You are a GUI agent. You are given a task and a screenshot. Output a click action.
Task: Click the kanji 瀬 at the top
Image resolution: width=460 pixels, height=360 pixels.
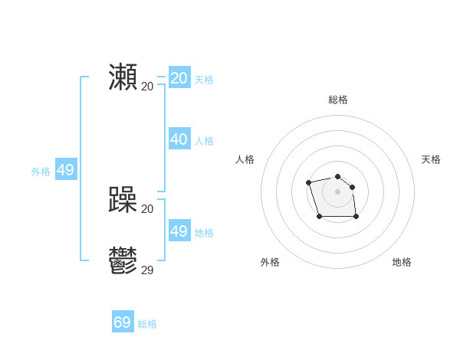[123, 77]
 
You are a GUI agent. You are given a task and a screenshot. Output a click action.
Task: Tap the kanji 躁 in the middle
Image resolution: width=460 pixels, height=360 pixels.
[123, 201]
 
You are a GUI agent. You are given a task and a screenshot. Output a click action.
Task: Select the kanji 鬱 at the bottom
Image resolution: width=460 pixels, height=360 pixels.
[123, 261]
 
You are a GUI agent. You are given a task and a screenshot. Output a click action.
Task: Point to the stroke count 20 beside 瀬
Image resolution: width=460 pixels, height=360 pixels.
[147, 86]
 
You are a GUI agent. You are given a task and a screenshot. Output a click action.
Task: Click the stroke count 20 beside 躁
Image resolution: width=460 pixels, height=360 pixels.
[147, 209]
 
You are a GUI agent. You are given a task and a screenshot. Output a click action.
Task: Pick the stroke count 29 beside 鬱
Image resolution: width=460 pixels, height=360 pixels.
[147, 270]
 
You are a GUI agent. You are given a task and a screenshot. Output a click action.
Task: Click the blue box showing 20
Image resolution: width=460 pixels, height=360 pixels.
[179, 78]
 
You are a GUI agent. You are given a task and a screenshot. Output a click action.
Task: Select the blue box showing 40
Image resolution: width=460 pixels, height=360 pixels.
[179, 139]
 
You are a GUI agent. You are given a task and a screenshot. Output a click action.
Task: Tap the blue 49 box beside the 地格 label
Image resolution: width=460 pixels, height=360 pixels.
[179, 231]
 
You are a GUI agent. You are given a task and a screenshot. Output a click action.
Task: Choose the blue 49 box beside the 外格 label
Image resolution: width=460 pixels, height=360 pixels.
[66, 170]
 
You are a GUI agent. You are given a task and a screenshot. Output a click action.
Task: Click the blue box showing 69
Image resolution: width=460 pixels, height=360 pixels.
[123, 322]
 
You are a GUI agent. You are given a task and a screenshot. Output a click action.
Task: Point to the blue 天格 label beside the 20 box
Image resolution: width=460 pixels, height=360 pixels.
[204, 80]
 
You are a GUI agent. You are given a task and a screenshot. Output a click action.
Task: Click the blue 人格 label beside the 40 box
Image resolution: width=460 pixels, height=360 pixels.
[204, 141]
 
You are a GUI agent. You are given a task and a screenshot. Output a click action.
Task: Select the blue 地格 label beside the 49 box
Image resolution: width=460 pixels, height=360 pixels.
[204, 233]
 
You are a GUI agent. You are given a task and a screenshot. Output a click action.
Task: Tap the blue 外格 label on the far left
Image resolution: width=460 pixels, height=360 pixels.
[41, 172]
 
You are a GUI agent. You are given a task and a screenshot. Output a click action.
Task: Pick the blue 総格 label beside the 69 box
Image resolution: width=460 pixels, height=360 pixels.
[147, 324]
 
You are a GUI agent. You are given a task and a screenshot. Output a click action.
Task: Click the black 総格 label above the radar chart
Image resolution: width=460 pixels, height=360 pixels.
[338, 100]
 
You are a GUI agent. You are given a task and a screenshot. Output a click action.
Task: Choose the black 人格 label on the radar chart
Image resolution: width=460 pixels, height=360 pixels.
[245, 159]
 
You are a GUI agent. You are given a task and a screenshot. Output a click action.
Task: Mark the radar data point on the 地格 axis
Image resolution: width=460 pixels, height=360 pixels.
[356, 217]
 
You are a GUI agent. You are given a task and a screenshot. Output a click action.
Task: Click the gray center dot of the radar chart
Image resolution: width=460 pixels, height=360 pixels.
[338, 191]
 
